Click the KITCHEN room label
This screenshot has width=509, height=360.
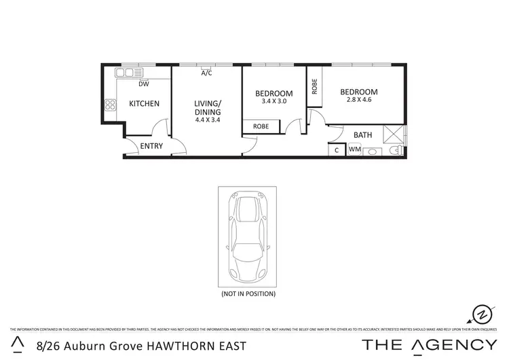[144, 104]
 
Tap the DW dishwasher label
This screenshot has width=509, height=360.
[144, 84]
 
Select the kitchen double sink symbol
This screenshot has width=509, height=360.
[126, 72]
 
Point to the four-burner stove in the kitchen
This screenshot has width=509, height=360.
[110, 105]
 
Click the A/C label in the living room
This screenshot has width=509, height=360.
[206, 73]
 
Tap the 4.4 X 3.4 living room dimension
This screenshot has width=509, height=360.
[207, 120]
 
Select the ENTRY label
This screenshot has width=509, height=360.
[151, 147]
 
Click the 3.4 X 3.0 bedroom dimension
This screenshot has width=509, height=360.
[274, 102]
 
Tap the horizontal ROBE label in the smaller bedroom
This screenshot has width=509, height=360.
[261, 126]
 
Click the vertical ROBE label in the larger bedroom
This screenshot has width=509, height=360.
[314, 86]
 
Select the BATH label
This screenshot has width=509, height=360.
[362, 134]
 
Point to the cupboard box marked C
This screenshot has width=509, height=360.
[337, 150]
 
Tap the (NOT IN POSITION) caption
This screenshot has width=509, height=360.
[248, 294]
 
